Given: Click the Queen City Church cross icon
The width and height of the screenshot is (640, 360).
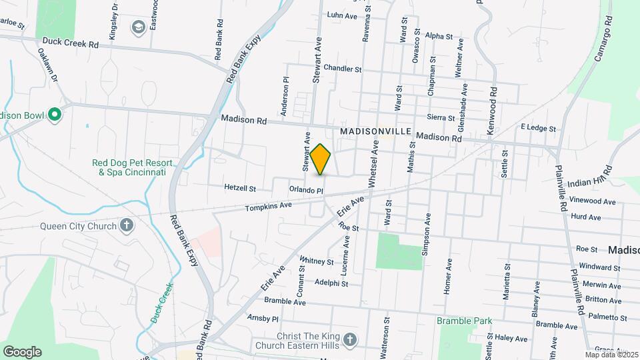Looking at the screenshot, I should (x=127, y=225).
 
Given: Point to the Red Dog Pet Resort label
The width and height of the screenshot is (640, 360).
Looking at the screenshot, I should (x=132, y=167).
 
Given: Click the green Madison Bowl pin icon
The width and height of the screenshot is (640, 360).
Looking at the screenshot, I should (x=55, y=115).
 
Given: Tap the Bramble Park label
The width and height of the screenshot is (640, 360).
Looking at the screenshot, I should (x=465, y=321).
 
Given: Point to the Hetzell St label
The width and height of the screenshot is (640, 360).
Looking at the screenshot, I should (x=241, y=189).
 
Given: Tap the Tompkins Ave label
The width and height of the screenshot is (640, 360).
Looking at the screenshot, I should (x=269, y=207).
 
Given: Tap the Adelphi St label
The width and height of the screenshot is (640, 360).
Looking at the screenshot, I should (x=331, y=283).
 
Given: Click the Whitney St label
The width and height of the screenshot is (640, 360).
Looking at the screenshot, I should (x=317, y=261).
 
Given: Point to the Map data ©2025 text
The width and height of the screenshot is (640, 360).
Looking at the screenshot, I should (x=611, y=355).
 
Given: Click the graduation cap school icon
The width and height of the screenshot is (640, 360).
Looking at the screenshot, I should (x=139, y=27).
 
